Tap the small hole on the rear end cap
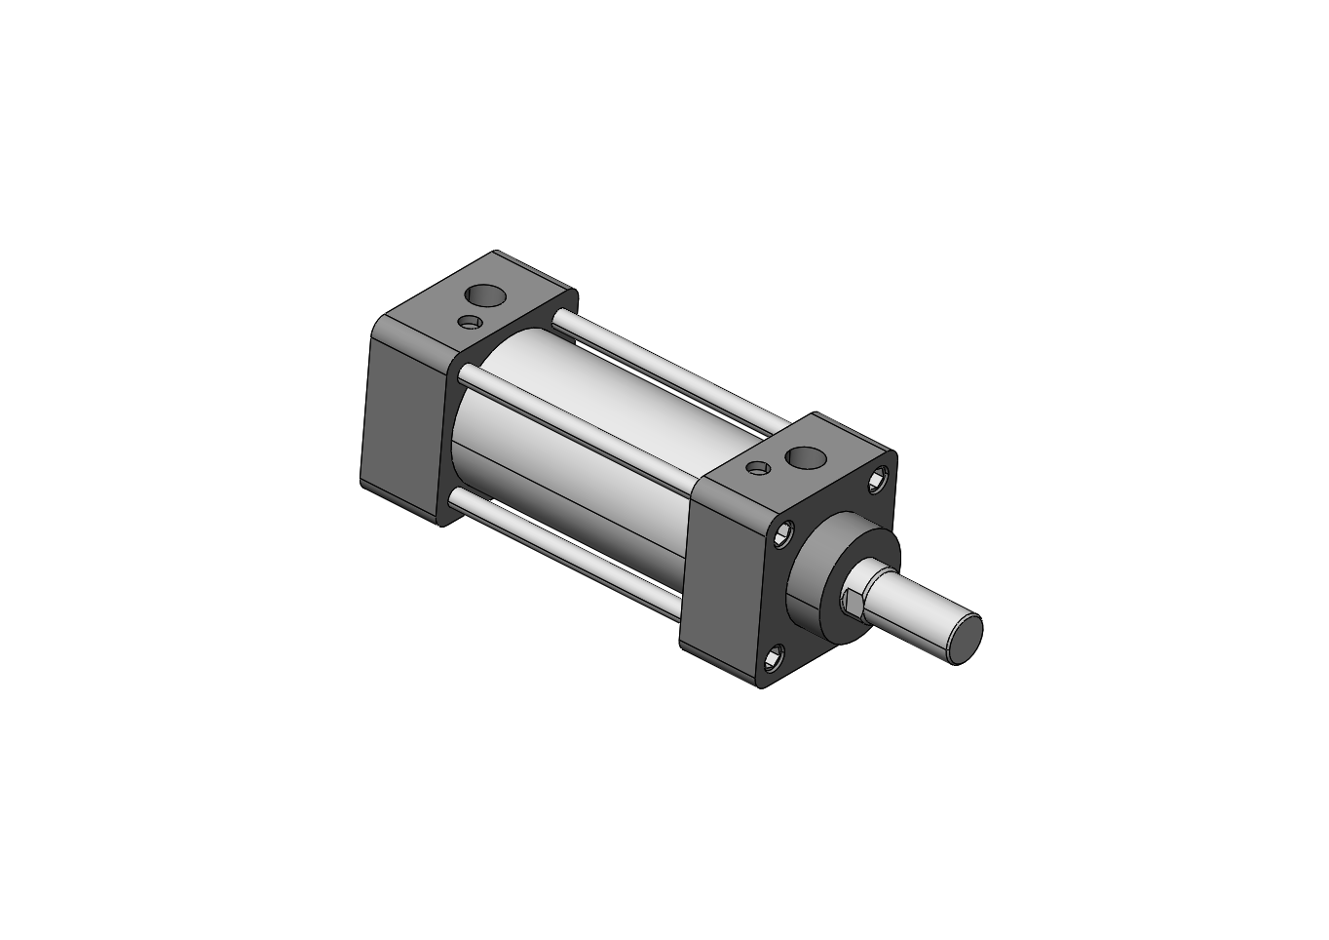pos(471,322)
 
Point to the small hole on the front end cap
pos(758,468)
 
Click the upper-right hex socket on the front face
pos(881,477)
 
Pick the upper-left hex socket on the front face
pos(783,532)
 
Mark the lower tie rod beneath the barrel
pos(565,550)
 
